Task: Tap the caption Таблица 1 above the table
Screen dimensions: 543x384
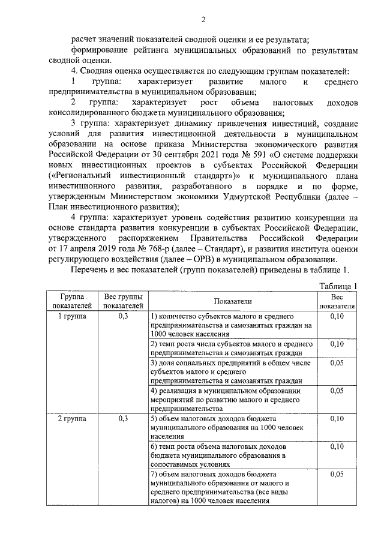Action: click(x=339, y=286)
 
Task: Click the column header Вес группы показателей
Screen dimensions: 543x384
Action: click(x=124, y=301)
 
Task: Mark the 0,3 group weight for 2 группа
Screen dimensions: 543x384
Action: click(x=124, y=418)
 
